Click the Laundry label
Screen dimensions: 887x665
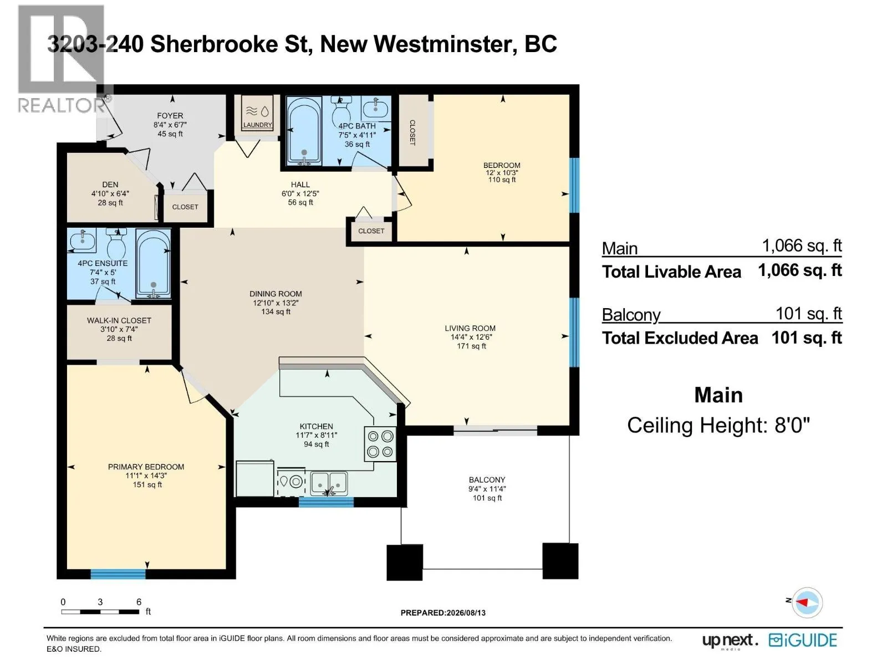[x=257, y=125]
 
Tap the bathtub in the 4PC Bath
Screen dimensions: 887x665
[x=304, y=131]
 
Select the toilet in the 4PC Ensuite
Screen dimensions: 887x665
[x=117, y=240]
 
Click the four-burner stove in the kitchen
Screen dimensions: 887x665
[x=380, y=444]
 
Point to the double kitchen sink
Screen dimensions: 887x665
[x=329, y=484]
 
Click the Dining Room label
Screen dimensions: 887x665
[x=276, y=294]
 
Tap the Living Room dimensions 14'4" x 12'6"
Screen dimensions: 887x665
[x=471, y=337]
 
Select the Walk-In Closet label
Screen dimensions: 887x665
[x=119, y=321]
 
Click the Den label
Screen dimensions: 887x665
[x=110, y=185]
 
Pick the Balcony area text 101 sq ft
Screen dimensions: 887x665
[x=487, y=498]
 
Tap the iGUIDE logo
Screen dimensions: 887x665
[x=803, y=641]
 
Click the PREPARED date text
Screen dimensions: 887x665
[x=443, y=612]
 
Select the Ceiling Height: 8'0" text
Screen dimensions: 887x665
[x=718, y=425]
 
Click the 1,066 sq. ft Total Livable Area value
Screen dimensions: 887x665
[x=800, y=270]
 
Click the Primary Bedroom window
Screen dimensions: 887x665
[x=118, y=574]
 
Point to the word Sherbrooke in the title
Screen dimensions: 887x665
[x=214, y=44]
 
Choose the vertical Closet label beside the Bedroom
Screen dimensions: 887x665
[x=412, y=132]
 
